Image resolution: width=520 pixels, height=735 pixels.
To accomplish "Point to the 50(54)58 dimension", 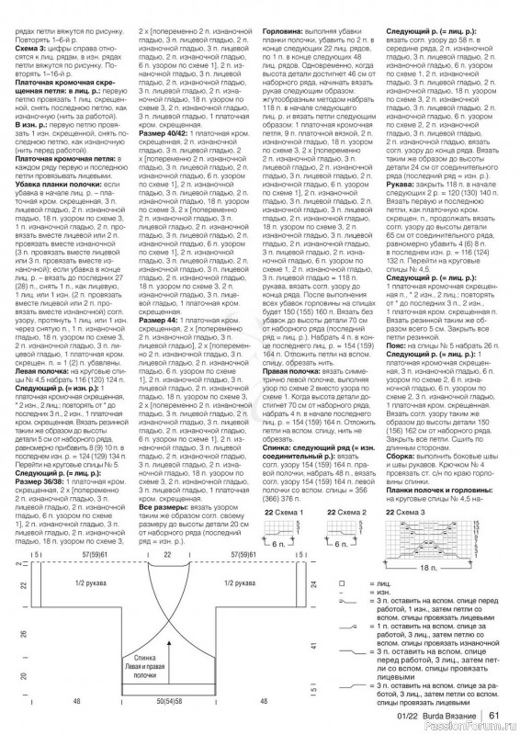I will click(x=166, y=701).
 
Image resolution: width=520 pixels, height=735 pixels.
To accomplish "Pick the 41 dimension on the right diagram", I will click(x=313, y=646).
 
